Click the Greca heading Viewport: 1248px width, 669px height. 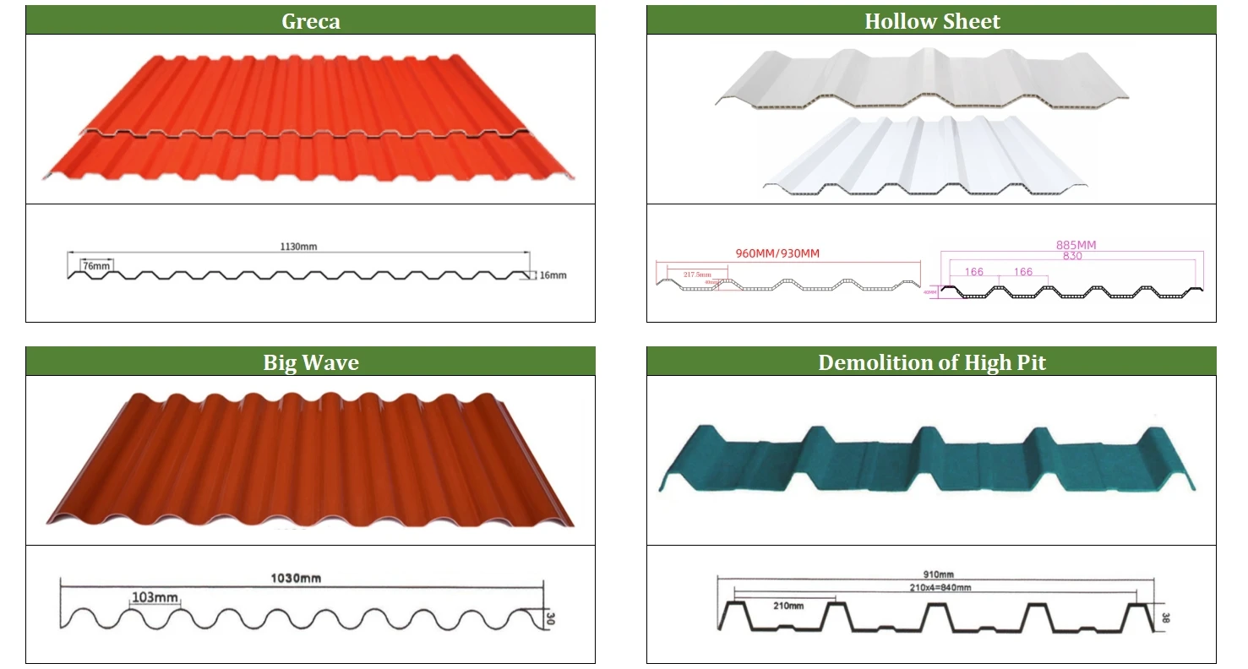pyautogui.click(x=310, y=21)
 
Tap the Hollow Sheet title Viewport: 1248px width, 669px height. pyautogui.click(x=931, y=21)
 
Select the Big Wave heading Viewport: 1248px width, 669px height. pyautogui.click(x=310, y=362)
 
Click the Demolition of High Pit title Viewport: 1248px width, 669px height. pyautogui.click(x=931, y=362)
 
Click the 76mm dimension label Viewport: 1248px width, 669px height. pyautogui.click(x=95, y=266)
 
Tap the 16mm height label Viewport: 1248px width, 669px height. pyautogui.click(x=553, y=275)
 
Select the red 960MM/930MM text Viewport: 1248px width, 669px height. pyautogui.click(x=777, y=253)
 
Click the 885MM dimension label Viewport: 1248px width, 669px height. pyautogui.click(x=1076, y=245)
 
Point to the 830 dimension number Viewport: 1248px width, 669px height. pyautogui.click(x=1072, y=256)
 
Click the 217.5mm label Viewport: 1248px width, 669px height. pyautogui.click(x=697, y=275)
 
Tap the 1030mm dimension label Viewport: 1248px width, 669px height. pyautogui.click(x=295, y=579)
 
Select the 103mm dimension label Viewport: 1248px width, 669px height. pyautogui.click(x=155, y=598)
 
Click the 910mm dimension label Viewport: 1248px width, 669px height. pyautogui.click(x=936, y=574)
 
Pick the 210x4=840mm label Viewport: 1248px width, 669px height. pyautogui.click(x=936, y=587)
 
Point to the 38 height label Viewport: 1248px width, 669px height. pyautogui.click(x=1165, y=617)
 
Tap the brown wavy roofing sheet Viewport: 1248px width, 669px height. pyautogui.click(x=309, y=460)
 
